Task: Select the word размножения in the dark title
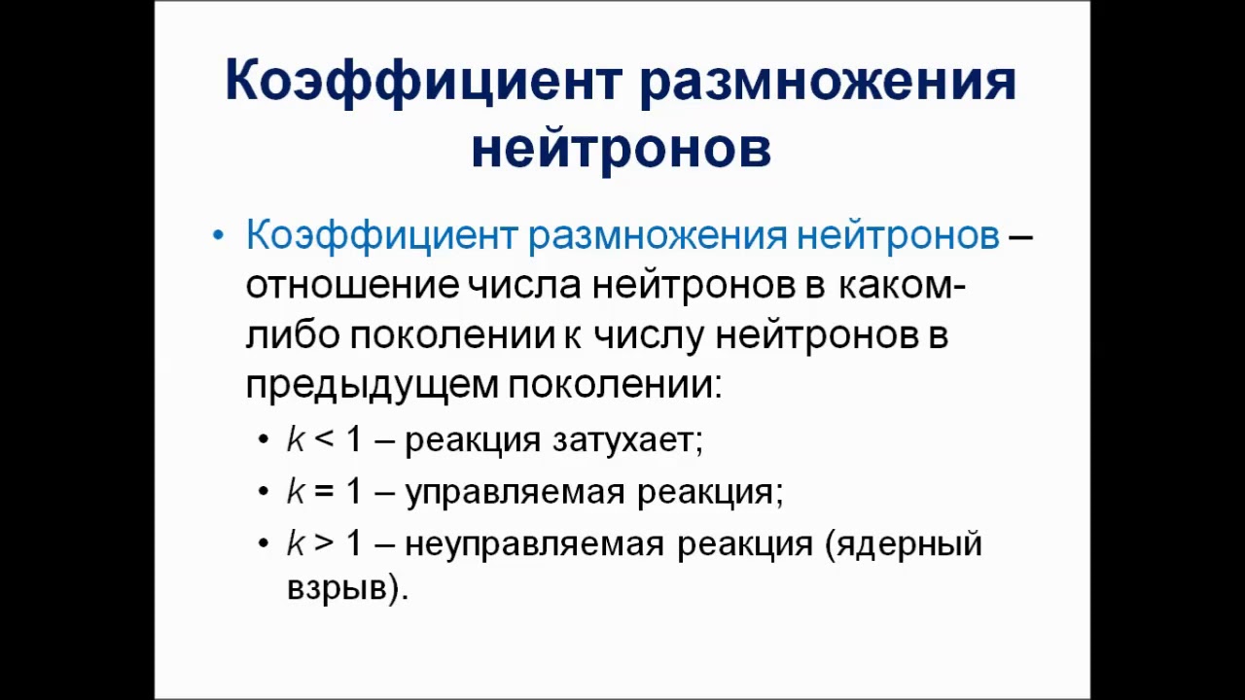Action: tap(828, 81)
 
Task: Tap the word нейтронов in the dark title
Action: tap(622, 149)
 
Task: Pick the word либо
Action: tap(292, 335)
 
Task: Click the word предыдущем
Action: tap(372, 386)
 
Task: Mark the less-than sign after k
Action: tap(324, 440)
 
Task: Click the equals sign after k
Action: tap(324, 492)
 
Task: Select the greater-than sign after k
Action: tap(324, 543)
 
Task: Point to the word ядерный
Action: tap(912, 543)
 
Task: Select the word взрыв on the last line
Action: tap(337, 588)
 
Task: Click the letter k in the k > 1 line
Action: tap(296, 543)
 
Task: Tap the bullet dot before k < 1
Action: tap(264, 440)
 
